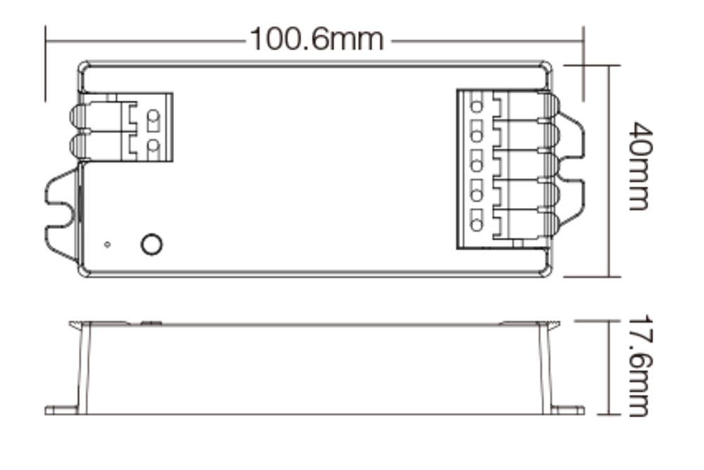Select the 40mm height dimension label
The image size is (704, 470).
(641, 167)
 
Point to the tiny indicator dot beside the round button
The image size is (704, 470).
(106, 245)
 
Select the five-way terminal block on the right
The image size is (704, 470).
(503, 169)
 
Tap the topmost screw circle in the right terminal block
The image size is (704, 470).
(477, 106)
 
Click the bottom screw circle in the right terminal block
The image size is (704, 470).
(477, 225)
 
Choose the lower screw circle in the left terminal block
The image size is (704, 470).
(153, 145)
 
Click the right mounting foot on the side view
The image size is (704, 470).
(567, 409)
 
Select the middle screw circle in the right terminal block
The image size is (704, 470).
(477, 166)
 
